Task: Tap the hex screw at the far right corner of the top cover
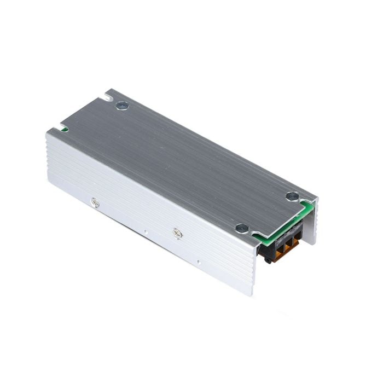tap(292, 196)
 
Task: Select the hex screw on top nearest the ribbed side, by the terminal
tap(241, 228)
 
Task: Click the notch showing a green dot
tap(64, 129)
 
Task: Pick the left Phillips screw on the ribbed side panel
tap(95, 202)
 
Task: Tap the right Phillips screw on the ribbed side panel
tap(177, 233)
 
